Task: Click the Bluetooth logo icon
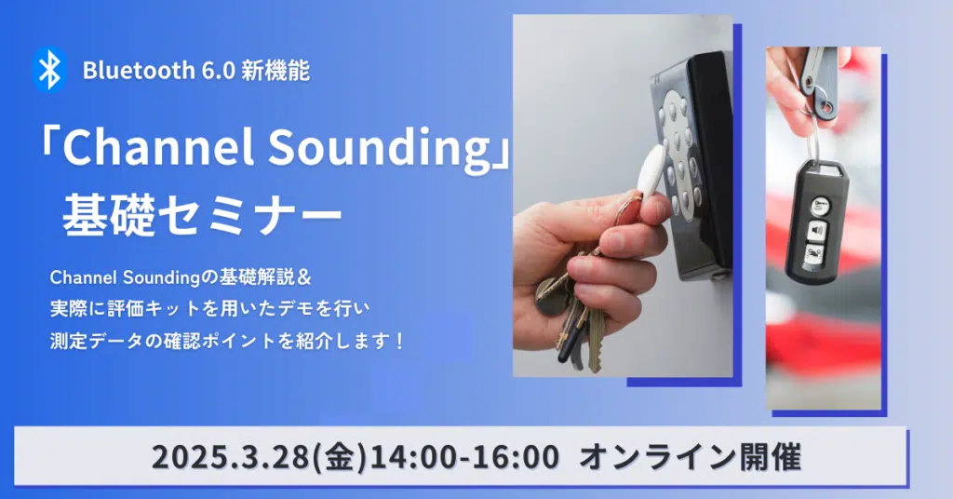point(50,70)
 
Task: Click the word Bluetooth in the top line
point(139,71)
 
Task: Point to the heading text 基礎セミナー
point(202,214)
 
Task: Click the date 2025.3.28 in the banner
point(231,456)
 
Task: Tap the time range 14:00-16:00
point(465,456)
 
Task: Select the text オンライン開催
point(690,456)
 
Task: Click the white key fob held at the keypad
point(652,170)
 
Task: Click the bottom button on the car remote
point(815,255)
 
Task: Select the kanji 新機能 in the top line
point(275,71)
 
